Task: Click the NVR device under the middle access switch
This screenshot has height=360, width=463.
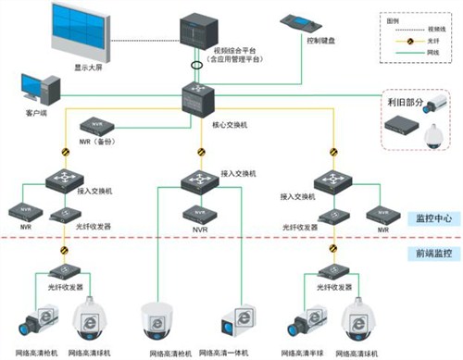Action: click(x=199, y=213)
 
